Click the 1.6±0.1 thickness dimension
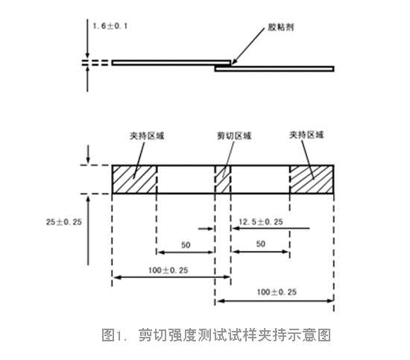point(110,26)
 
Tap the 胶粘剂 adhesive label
point(280,27)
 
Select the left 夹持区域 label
point(147,136)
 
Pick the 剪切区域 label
point(234,136)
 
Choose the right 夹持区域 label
point(306,135)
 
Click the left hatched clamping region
point(134,180)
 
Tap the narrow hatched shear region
point(223,180)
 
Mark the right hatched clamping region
point(312,180)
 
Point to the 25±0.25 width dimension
point(64,222)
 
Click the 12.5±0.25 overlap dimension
point(261,222)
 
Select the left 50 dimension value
point(186,245)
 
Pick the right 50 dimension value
point(261,244)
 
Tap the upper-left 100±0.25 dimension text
point(168,271)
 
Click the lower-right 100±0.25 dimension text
point(277,292)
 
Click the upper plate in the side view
point(171,63)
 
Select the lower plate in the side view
point(274,69)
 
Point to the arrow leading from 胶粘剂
point(248,46)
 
